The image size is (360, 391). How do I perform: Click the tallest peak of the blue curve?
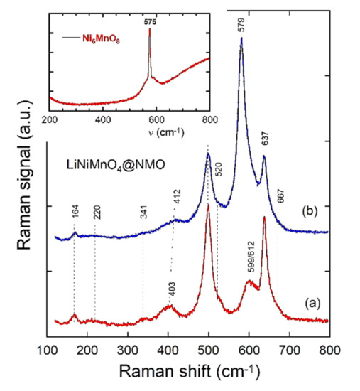[241, 40]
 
